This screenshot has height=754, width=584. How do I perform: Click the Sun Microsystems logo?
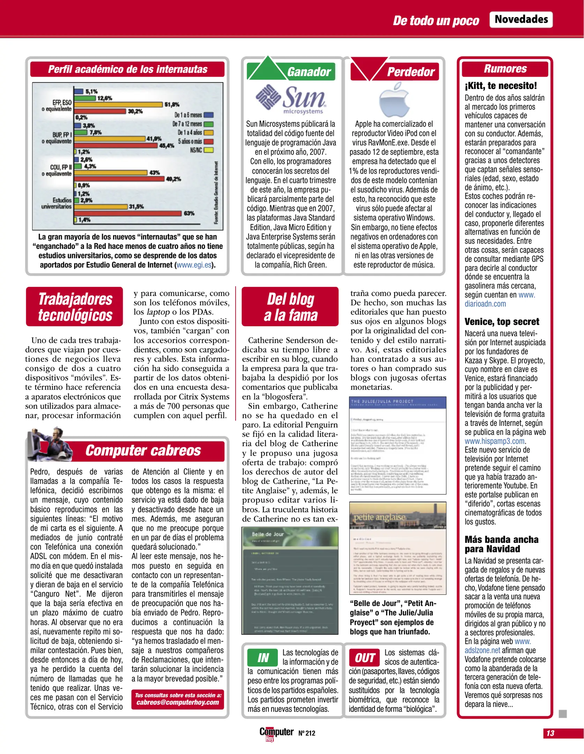291,99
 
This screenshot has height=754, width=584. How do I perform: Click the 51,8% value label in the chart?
172,104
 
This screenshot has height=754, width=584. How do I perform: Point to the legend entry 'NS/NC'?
201,150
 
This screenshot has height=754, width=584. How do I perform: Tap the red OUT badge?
364,658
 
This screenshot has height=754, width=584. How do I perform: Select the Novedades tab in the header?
521,20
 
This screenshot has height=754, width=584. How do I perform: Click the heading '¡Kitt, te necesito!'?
501,86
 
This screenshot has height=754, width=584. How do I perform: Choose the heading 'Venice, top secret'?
502,321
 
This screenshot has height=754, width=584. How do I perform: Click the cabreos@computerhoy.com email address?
178,702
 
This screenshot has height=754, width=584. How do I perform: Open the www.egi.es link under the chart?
194,265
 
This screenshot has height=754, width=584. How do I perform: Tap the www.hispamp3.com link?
494,441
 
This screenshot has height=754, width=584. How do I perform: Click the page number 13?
550,733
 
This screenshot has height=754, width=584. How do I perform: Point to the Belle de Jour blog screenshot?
290,580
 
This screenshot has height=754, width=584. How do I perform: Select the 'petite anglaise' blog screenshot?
398,548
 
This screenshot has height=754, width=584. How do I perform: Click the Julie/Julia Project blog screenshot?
398,445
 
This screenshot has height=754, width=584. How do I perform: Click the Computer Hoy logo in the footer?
276,733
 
